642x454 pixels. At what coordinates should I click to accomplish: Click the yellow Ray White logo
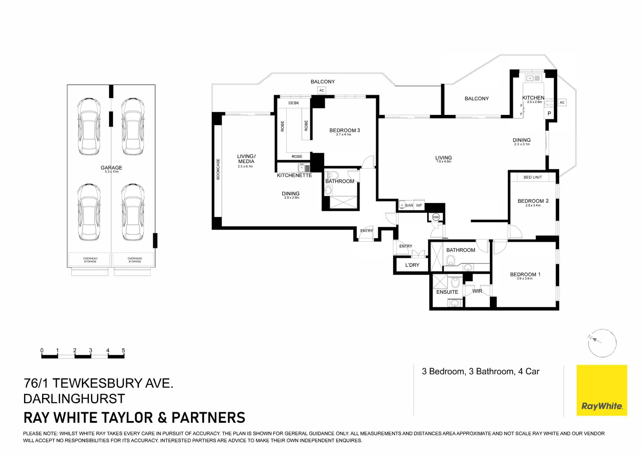point(602,390)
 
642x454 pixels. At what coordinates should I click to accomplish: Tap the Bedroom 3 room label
point(344,130)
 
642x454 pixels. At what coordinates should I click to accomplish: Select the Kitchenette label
point(294,175)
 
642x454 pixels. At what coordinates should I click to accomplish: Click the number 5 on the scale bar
point(123,350)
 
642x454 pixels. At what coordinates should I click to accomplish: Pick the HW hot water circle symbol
point(436,217)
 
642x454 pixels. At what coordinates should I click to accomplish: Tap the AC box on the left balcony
point(321,90)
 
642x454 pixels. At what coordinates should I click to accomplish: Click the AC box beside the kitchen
point(562,103)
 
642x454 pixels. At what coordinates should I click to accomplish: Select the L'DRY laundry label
point(412,265)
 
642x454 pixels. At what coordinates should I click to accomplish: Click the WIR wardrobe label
point(477,291)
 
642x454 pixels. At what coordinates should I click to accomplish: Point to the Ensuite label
point(447,292)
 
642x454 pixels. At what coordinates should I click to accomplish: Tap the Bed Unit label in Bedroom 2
point(532,177)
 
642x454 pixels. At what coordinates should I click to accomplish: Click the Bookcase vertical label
point(218,169)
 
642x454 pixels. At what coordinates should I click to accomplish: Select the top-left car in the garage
point(89,126)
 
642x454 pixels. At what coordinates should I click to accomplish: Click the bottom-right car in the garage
point(133,212)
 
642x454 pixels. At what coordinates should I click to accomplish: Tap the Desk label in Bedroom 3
point(294,103)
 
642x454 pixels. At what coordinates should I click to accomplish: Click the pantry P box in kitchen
point(549,114)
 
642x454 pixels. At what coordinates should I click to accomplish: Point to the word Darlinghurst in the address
point(74,399)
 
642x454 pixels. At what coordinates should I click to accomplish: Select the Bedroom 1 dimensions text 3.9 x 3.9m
point(525,278)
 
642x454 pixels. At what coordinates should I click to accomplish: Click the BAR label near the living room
point(409,205)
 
